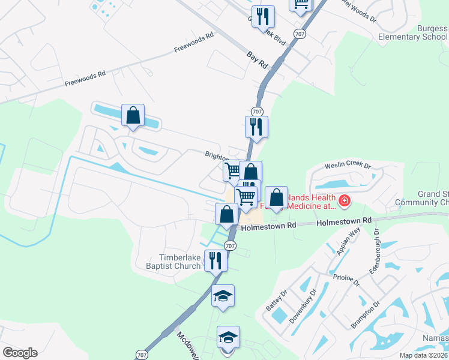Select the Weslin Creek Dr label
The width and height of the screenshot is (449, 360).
tap(348, 166)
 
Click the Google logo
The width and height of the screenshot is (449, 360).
tap(20, 353)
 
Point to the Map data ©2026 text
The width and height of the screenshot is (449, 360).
tap(424, 355)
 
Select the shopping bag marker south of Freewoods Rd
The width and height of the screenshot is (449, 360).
tap(133, 115)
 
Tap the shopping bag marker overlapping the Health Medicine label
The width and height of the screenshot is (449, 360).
tap(276, 197)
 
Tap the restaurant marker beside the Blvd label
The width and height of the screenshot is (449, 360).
tap(262, 16)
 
